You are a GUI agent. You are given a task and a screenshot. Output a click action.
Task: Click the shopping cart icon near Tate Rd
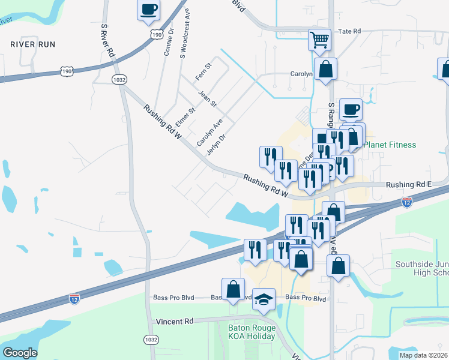click(320, 40)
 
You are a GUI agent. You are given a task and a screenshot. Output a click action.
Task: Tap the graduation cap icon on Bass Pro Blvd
click(264, 301)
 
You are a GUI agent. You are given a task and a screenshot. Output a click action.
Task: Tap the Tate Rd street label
click(350, 31)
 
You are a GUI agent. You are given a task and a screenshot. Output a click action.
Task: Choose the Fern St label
click(204, 72)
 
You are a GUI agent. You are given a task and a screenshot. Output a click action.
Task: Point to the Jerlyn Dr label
click(215, 144)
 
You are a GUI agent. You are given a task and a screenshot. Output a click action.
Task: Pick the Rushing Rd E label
click(409, 185)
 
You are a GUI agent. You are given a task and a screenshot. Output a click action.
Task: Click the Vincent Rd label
click(174, 321)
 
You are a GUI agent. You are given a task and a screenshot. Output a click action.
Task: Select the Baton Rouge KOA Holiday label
click(251, 332)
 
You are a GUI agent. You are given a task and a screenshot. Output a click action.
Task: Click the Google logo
click(20, 352)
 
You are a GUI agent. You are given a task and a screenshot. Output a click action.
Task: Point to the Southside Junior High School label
click(422, 269)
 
